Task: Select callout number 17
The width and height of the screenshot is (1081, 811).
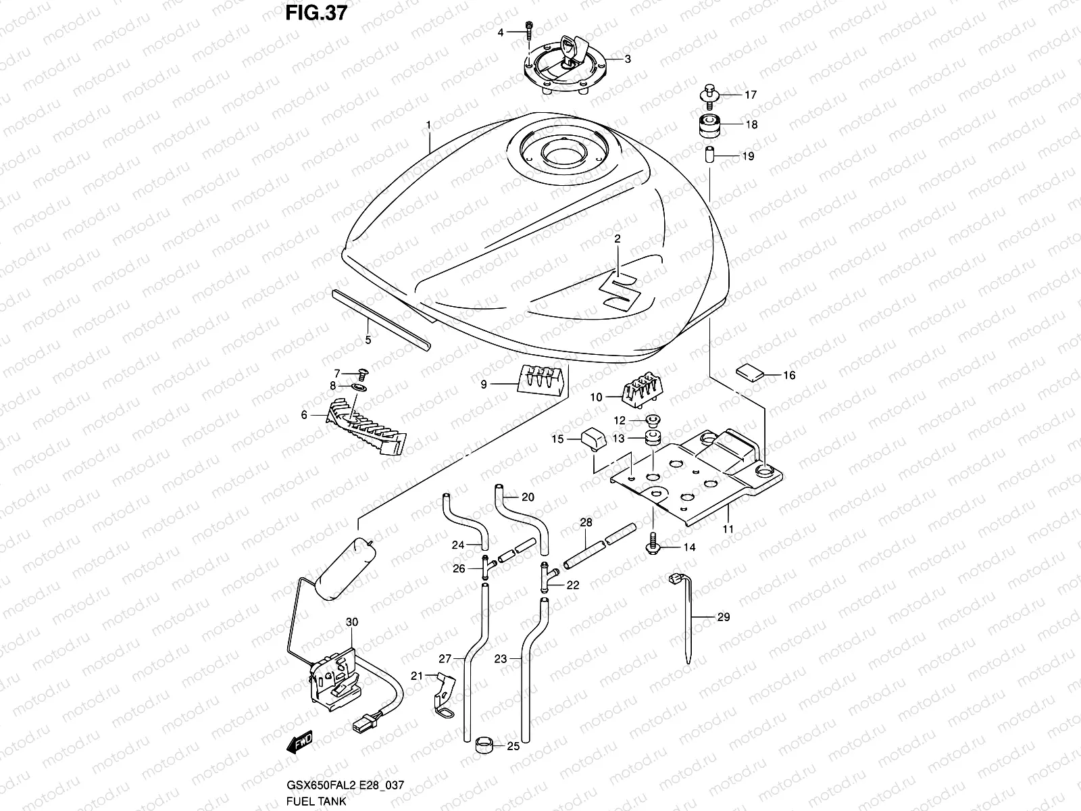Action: (751, 95)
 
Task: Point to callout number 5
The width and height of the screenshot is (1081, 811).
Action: (368, 340)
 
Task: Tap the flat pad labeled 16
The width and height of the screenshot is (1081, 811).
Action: (748, 371)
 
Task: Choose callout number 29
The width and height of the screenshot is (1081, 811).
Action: (724, 617)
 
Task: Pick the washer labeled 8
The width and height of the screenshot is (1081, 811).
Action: (358, 387)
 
